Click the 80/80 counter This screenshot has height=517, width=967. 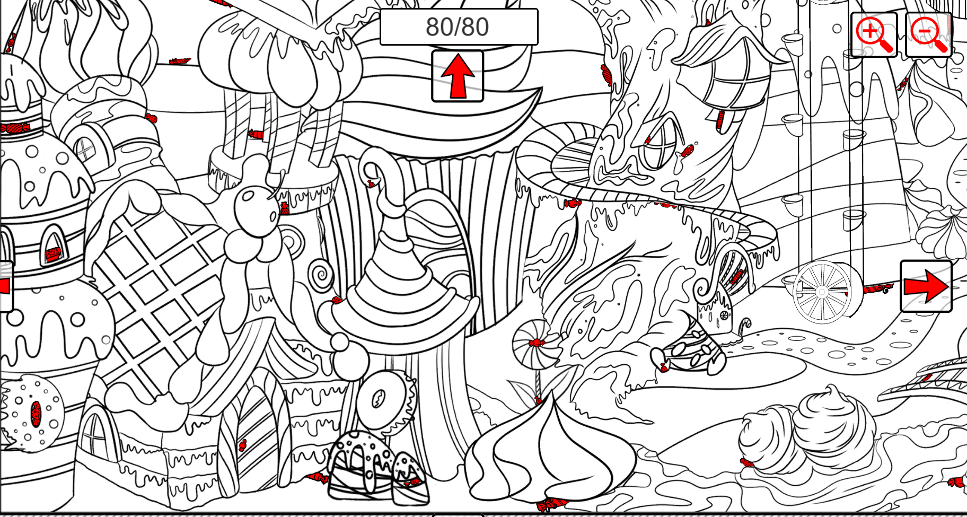[x=459, y=27]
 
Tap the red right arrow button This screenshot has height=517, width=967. [x=926, y=286]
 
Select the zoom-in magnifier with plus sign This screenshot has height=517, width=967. [x=874, y=34]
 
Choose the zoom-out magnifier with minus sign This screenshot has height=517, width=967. [x=928, y=34]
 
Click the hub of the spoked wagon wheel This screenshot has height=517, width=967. [x=822, y=292]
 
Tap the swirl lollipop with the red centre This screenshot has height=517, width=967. [x=536, y=343]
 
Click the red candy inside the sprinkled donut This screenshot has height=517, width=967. [x=36, y=414]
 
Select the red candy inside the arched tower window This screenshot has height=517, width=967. [x=52, y=255]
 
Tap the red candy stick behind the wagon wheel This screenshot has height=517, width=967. [x=877, y=289]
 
